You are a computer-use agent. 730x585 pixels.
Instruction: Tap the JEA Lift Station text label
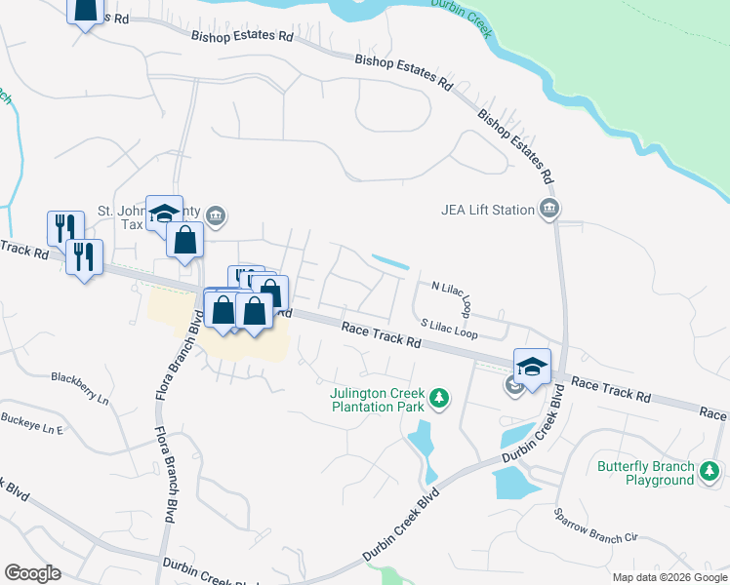pos(487,210)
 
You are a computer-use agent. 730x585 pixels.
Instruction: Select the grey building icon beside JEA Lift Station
pos(549,209)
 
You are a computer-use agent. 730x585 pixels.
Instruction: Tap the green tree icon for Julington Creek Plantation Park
pos(439,398)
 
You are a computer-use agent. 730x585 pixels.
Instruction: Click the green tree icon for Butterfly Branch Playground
pos(710,475)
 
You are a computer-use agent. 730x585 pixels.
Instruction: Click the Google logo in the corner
pos(32,573)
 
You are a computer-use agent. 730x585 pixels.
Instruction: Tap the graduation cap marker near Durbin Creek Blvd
pos(532,366)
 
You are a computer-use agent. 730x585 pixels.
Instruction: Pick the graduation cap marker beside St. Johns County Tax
pos(164,213)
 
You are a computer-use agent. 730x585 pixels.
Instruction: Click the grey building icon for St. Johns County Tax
pos(217,214)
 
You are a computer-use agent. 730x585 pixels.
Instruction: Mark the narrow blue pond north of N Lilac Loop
pos(390,262)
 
